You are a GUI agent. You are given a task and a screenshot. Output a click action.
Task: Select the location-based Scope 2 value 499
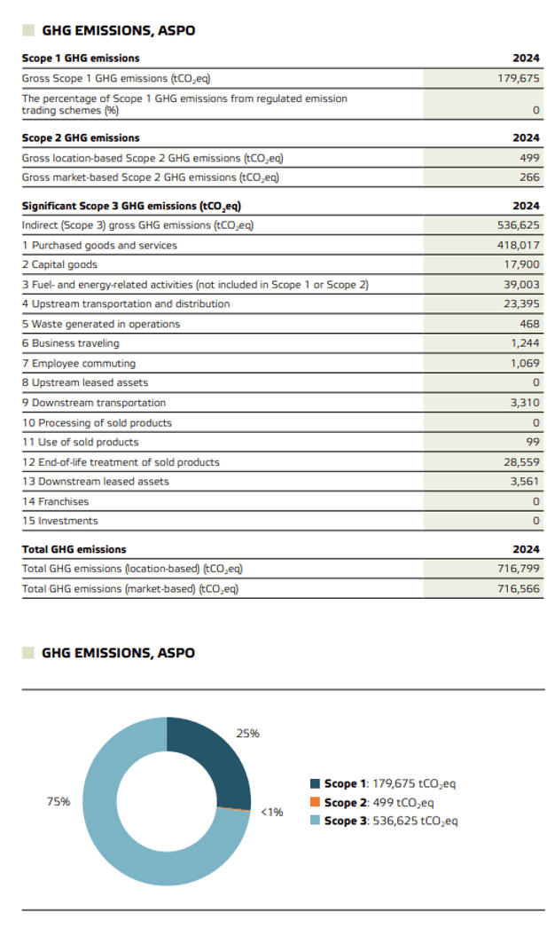[529, 158]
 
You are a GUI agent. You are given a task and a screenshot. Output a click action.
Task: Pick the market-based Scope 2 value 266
[529, 177]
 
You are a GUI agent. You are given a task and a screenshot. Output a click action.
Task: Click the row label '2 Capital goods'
[59, 264]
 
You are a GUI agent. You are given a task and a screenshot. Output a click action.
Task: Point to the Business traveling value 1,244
[526, 343]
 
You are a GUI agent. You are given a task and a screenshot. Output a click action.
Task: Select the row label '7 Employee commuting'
[79, 363]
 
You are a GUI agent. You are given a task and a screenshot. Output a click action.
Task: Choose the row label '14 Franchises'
[55, 501]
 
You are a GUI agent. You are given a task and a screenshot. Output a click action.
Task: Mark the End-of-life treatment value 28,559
[521, 462]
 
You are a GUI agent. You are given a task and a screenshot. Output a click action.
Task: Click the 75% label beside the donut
[59, 801]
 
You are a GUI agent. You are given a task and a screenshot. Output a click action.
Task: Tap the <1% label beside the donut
[271, 812]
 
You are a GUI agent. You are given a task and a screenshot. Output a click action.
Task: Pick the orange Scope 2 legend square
[315, 803]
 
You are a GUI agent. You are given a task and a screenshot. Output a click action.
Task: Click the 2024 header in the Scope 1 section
[527, 59]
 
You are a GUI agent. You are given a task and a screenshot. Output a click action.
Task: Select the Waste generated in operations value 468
[529, 324]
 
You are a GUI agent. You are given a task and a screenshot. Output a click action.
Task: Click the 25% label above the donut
[248, 734]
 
